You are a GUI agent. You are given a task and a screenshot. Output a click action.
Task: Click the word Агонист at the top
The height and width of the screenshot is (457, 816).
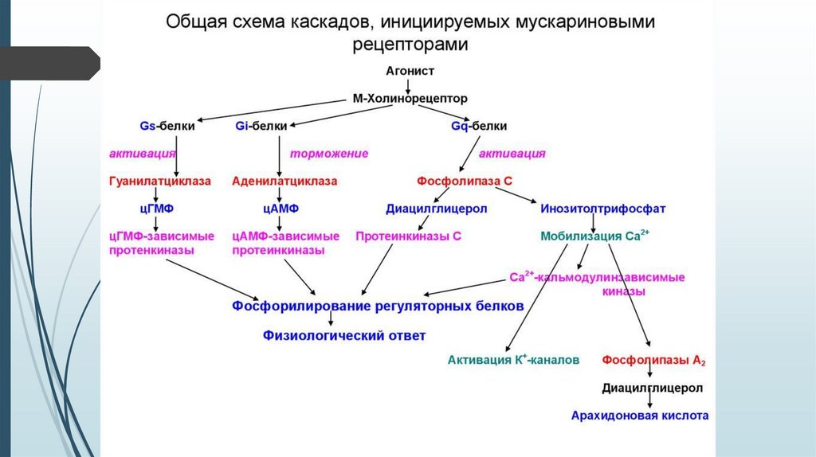(x=410, y=71)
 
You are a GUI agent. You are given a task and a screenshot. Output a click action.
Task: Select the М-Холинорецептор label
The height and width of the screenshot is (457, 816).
(x=410, y=99)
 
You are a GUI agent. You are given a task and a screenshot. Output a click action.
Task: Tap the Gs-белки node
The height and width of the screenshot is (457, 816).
(x=167, y=126)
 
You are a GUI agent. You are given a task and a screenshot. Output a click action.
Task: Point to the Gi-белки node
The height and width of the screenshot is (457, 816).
(x=262, y=126)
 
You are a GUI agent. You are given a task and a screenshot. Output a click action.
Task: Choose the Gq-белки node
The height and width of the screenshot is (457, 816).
(x=479, y=126)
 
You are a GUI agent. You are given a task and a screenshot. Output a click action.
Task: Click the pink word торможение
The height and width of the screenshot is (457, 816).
(x=328, y=153)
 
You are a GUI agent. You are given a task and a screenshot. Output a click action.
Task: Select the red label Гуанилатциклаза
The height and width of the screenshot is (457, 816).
(x=160, y=181)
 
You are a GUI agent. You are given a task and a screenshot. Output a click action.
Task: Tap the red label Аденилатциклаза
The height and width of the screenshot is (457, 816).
(x=284, y=181)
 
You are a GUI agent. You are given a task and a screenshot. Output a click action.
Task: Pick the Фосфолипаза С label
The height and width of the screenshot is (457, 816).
(x=465, y=181)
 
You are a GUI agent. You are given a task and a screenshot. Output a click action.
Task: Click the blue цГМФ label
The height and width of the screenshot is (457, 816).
(x=156, y=209)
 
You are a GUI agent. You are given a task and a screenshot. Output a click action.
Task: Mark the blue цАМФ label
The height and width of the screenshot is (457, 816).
(x=280, y=209)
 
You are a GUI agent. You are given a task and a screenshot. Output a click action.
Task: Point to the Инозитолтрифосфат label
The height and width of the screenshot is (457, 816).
(x=603, y=209)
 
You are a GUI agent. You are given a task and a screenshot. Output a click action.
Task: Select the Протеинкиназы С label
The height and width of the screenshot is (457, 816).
(x=408, y=236)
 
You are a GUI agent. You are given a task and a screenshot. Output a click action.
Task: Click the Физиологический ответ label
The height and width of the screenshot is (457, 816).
(x=344, y=335)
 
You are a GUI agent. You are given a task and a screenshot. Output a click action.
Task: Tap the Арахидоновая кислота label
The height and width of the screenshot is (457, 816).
(x=640, y=415)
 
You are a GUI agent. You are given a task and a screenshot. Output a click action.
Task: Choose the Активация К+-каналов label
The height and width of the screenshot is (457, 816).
(x=513, y=360)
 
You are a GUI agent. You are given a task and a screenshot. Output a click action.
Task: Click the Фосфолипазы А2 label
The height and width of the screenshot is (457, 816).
(x=654, y=361)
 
